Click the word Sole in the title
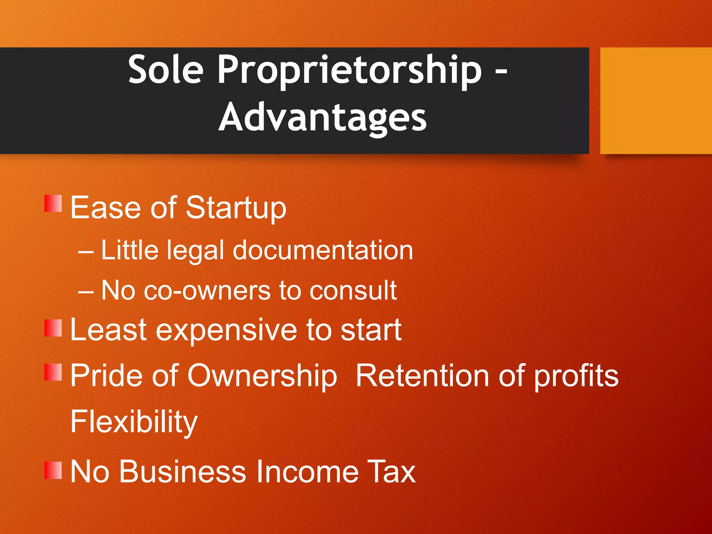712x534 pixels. coord(165,70)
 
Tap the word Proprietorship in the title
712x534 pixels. coord(349,71)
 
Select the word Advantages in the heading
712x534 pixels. coord(322,118)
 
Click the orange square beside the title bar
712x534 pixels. coord(656,101)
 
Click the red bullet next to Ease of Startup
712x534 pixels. coord(53,203)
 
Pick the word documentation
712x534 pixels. coord(323,250)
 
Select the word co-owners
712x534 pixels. coord(207,291)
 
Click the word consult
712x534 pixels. coord(353,291)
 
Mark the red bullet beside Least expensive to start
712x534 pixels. coord(53,328)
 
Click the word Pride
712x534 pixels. coord(107,375)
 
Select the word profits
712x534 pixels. coord(576,376)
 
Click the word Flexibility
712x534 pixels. coord(134,422)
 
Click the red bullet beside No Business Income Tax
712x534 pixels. coord(53,470)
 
